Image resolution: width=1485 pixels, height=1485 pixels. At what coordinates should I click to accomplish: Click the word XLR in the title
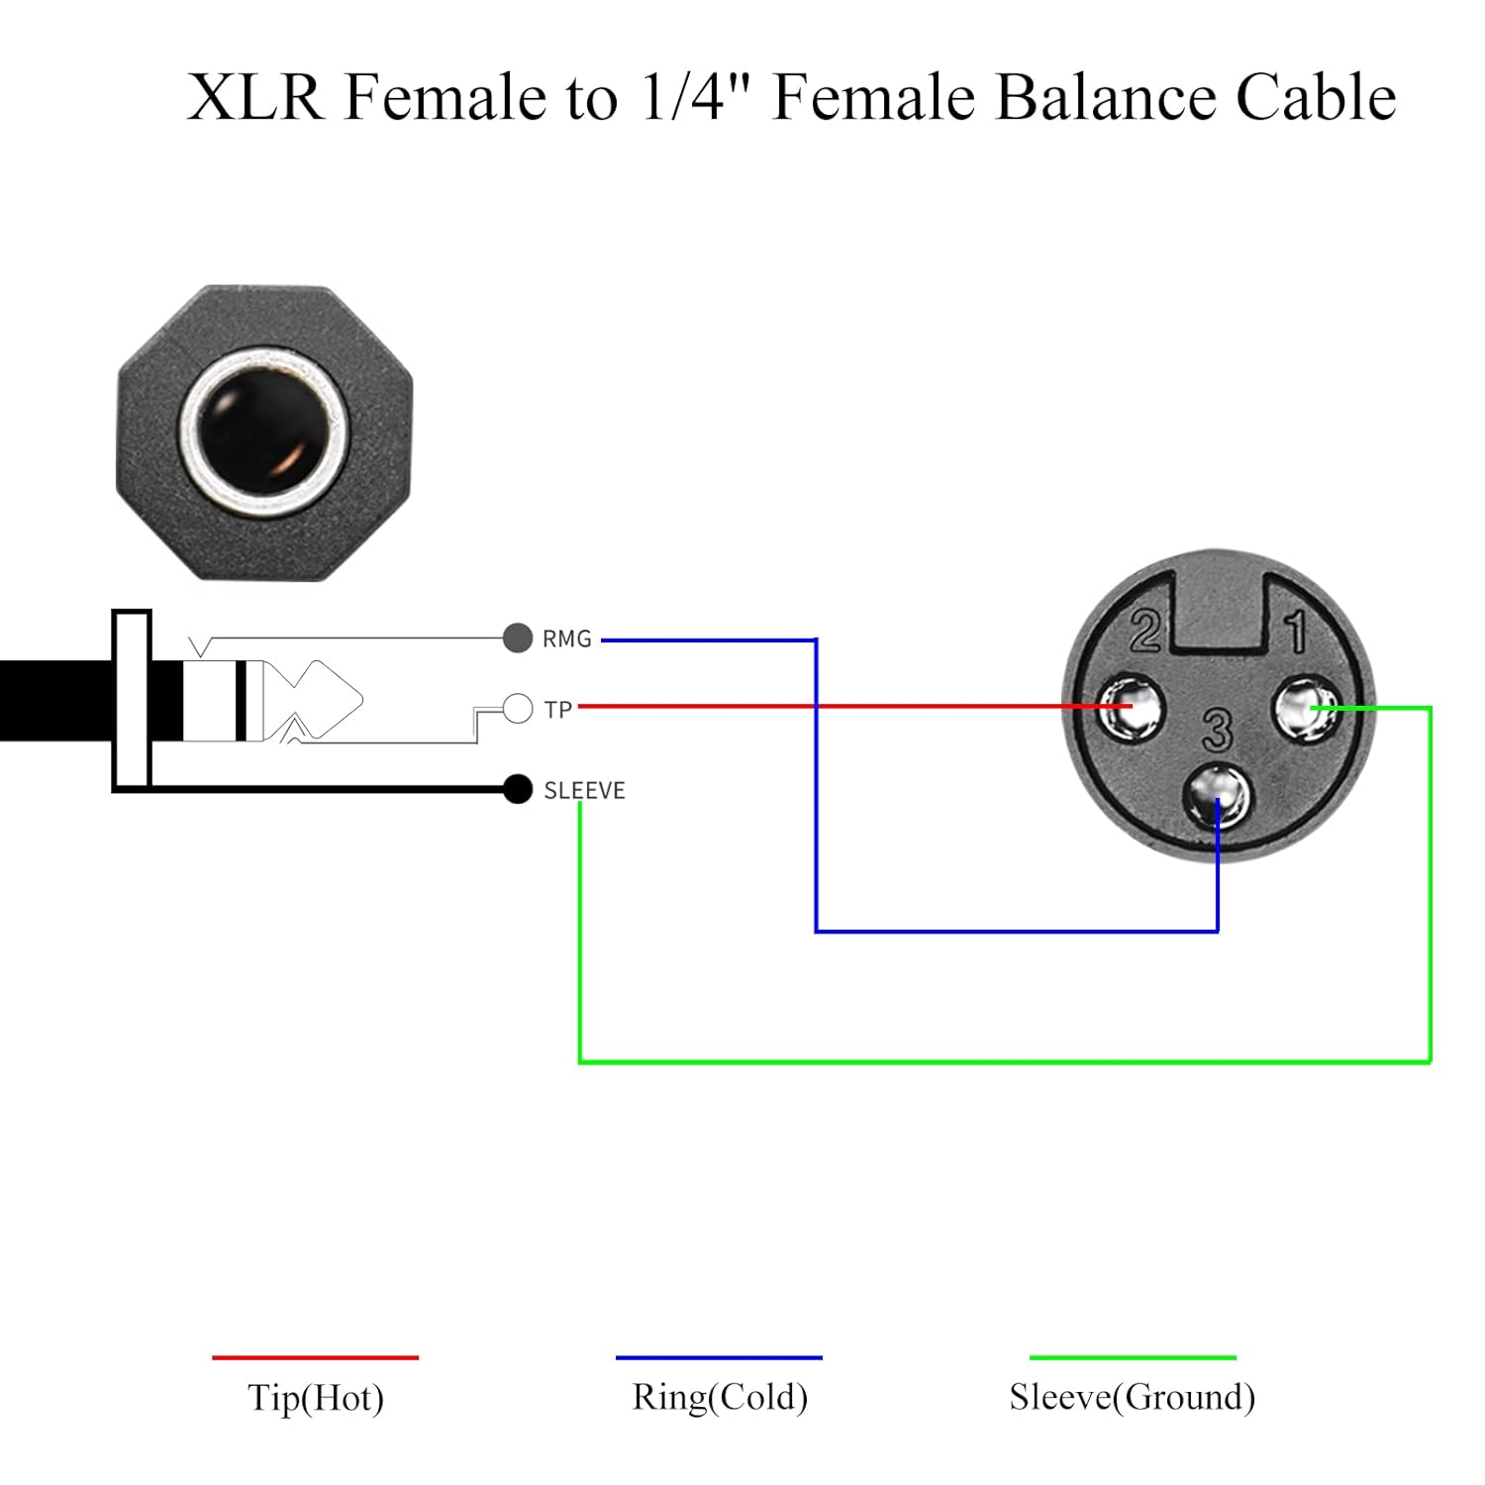point(254,97)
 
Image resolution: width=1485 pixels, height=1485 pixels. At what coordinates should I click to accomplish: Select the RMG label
point(566,640)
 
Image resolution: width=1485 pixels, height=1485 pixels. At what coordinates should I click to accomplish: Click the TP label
point(558,710)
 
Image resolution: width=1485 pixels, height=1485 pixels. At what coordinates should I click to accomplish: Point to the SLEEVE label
point(584,790)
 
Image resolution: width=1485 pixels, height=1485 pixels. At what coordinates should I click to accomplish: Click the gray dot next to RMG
point(518,638)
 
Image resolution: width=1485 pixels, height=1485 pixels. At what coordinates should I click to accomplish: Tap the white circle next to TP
point(518,709)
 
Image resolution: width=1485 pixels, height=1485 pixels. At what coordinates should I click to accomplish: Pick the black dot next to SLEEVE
point(518,789)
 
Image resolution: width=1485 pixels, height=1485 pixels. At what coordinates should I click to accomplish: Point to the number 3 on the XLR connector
point(1217,731)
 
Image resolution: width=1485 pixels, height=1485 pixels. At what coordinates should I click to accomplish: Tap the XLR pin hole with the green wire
point(1305,708)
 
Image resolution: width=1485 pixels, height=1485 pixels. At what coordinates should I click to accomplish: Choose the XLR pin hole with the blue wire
point(1219,797)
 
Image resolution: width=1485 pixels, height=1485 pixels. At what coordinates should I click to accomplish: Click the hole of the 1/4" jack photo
point(263,433)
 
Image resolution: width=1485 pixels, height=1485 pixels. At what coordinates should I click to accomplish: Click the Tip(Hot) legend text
point(315,1397)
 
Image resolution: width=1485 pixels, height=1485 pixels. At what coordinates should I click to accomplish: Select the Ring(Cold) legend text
point(720,1397)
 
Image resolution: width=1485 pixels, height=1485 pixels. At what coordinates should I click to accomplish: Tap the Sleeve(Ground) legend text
point(1132,1397)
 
